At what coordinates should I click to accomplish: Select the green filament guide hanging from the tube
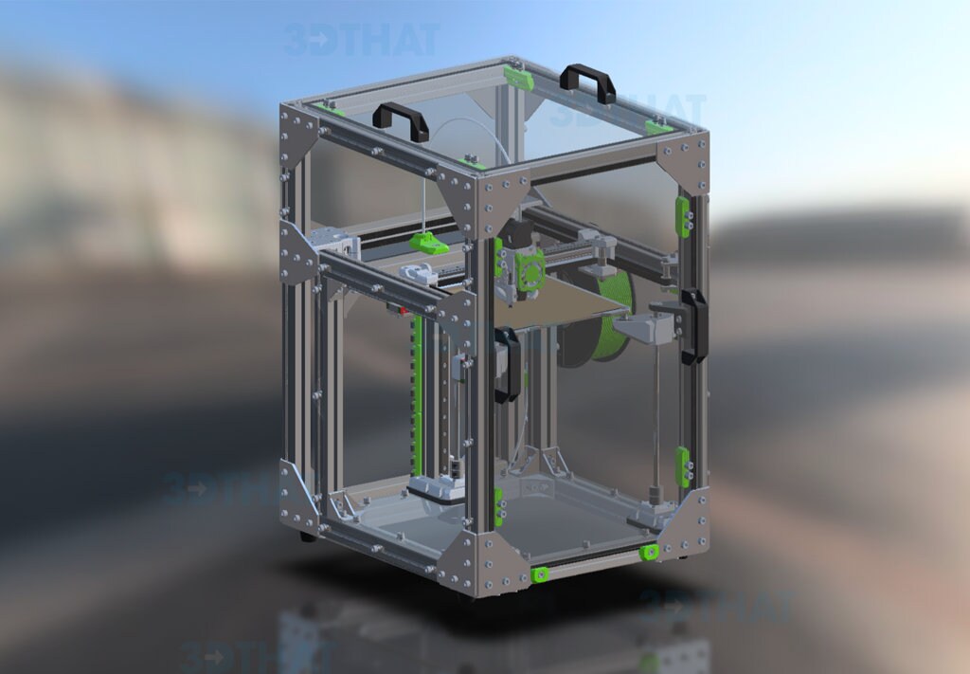coord(429,244)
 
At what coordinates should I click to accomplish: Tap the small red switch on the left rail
coord(402,310)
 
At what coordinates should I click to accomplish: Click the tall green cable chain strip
coord(416,398)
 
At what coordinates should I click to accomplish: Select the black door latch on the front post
coord(508,364)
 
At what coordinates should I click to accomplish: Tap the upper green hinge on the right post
coord(682,217)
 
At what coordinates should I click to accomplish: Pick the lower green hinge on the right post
coord(683,466)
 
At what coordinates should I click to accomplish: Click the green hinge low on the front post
coord(498,507)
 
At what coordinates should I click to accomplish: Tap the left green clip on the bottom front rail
coord(540,574)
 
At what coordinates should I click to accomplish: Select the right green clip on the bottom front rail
coord(649,552)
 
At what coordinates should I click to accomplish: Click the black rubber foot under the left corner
coord(307,537)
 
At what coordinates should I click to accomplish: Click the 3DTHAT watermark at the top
coord(361,40)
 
